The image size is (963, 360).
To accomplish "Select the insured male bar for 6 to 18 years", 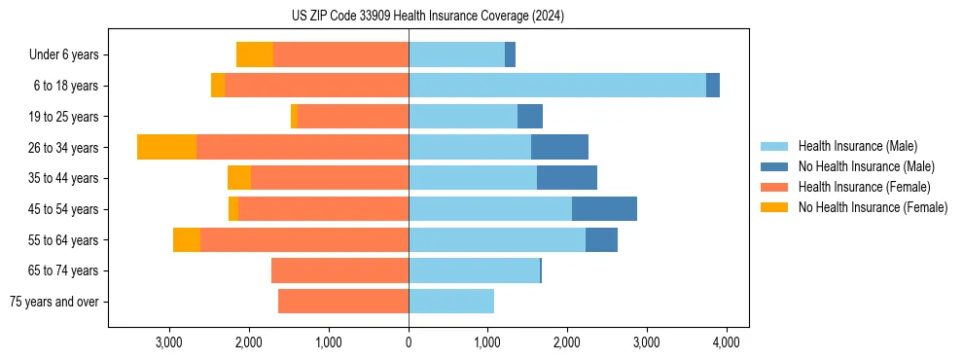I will tap(557, 86).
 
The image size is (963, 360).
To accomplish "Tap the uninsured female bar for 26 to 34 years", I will tap(166, 147).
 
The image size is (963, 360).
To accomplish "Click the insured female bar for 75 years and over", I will tap(343, 302).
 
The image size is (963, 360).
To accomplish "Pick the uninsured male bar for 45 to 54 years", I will tap(604, 209).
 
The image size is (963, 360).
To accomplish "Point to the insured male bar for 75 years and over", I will tap(451, 302).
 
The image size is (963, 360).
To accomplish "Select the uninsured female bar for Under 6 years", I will tap(255, 54).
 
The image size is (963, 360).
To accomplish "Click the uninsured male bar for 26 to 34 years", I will tap(559, 147).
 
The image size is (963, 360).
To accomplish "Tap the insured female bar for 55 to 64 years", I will tap(304, 240).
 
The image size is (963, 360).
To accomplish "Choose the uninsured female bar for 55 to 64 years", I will tap(187, 240).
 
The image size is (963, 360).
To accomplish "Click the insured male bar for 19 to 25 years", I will tap(463, 117).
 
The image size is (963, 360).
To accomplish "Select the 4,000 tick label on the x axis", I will tap(727, 342).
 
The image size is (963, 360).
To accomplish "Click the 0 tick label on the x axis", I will tap(409, 342).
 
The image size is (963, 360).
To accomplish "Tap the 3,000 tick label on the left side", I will tap(169, 342).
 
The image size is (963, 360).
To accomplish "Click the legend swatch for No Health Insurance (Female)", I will tap(774, 207).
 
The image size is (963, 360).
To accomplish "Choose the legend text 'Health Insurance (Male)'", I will tap(857, 146).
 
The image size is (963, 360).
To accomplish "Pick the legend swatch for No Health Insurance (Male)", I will tap(774, 166).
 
